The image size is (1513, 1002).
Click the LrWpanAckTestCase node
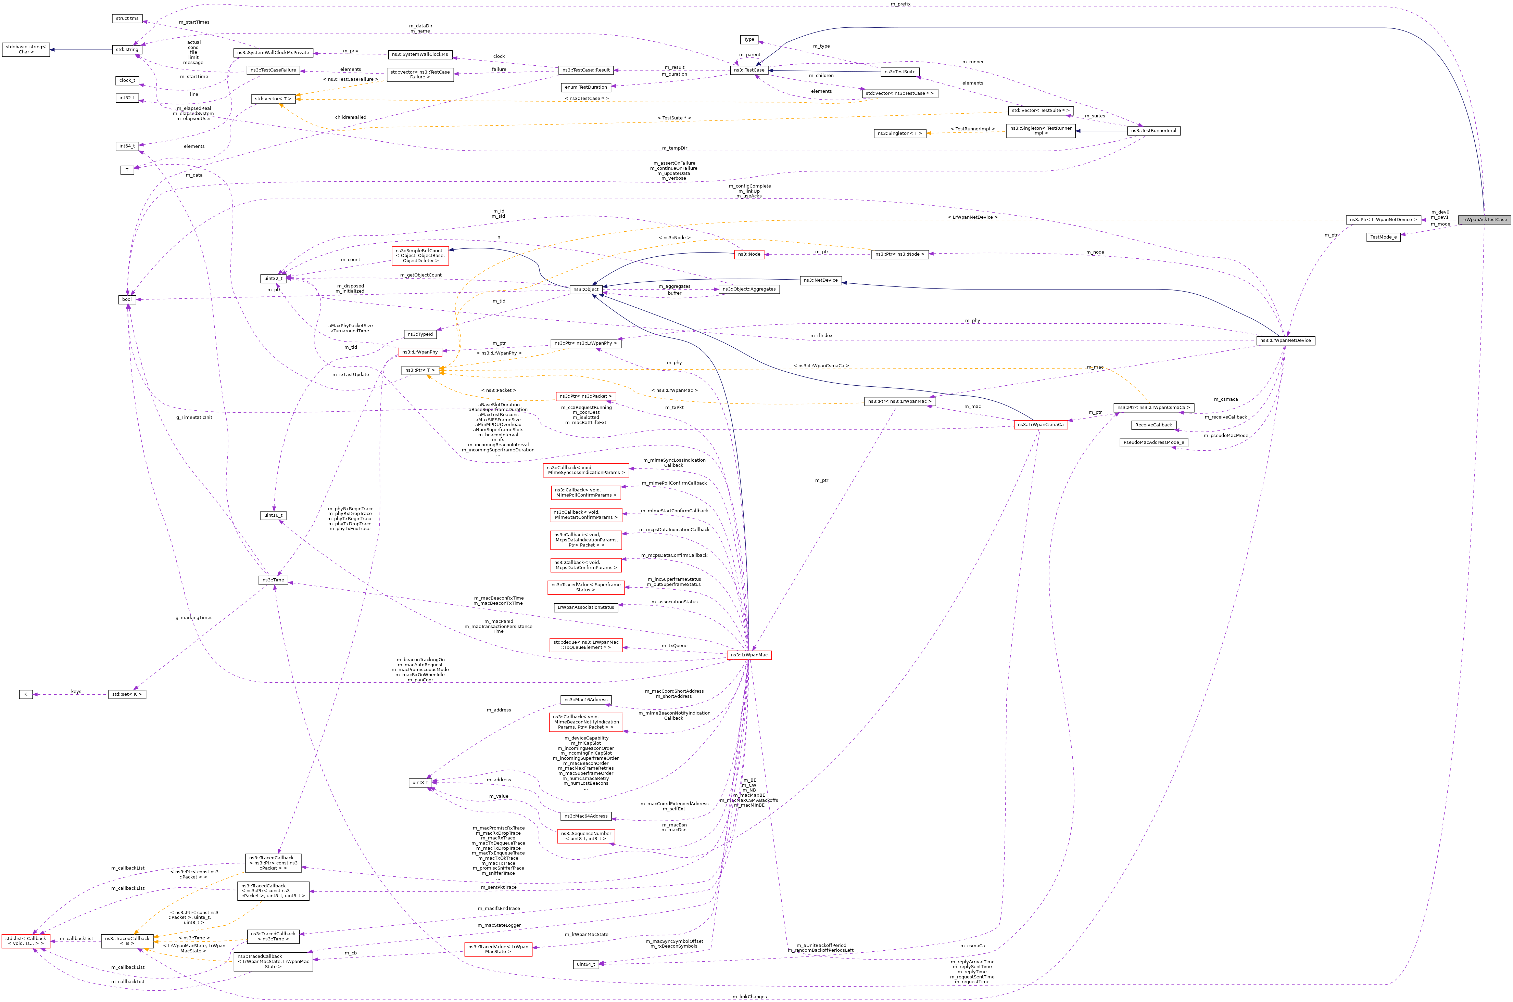click(1484, 219)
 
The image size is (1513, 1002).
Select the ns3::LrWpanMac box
click(749, 654)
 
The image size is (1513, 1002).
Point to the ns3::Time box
click(273, 580)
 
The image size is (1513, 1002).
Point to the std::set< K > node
click(127, 694)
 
